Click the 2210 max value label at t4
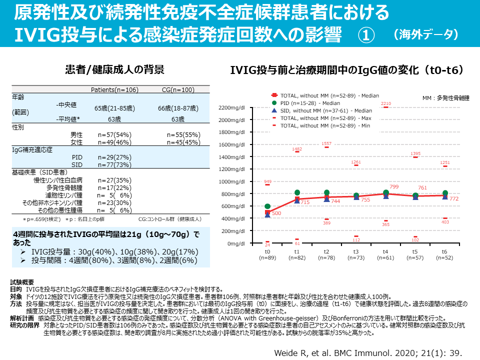[x=385, y=103]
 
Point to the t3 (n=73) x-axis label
[x=356, y=254]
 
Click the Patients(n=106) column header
[x=114, y=90]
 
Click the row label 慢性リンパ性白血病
[x=58, y=180]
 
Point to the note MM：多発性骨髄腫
[x=442, y=98]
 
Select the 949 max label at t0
[x=267, y=181]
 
